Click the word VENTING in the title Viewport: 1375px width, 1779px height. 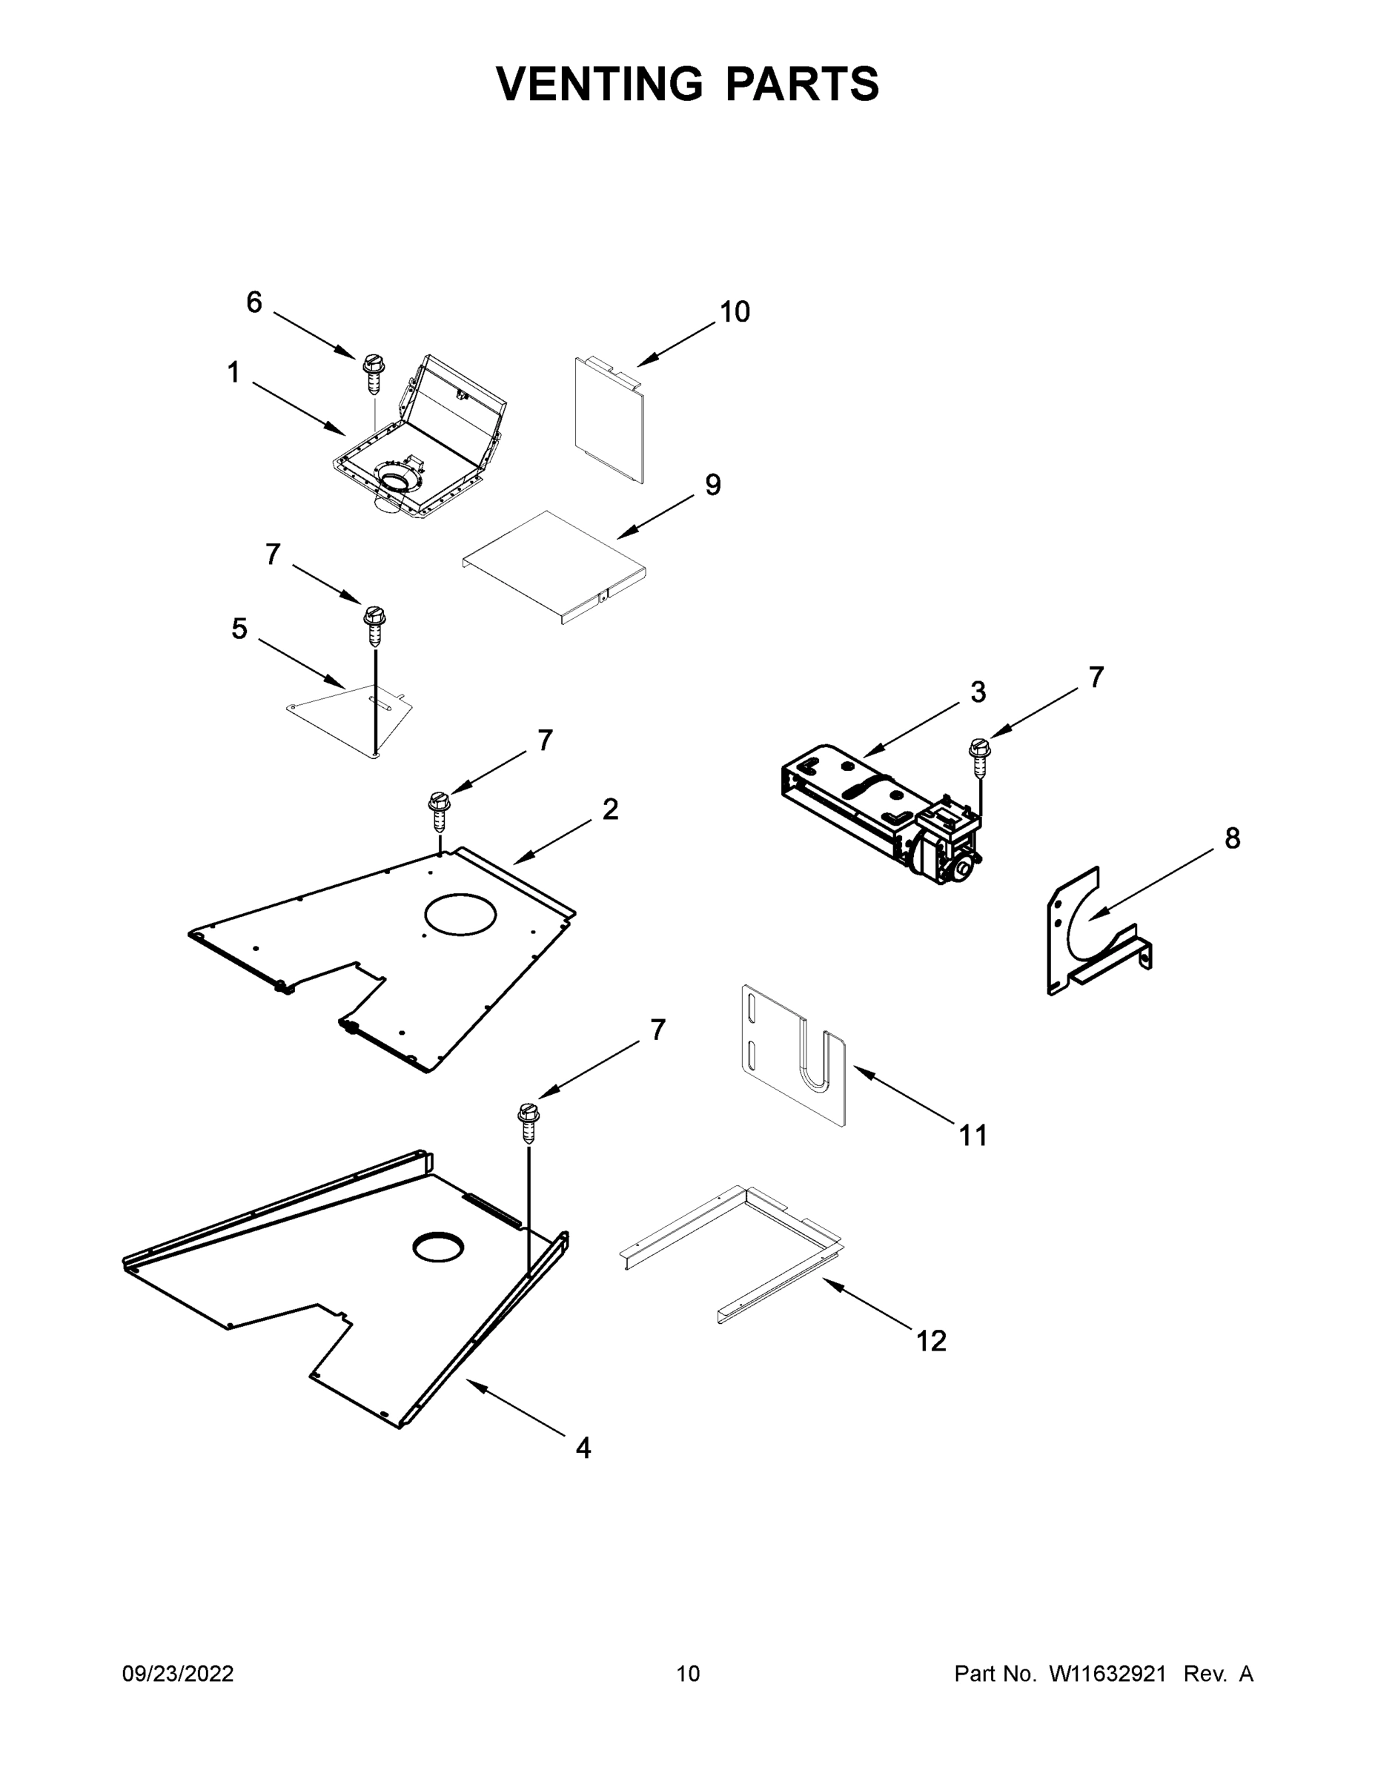click(x=599, y=84)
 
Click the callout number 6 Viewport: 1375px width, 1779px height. click(x=254, y=303)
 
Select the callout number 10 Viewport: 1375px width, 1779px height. click(x=734, y=312)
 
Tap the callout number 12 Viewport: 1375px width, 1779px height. click(x=931, y=1341)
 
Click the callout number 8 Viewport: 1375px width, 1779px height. click(x=1232, y=838)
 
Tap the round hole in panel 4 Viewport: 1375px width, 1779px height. click(x=438, y=1247)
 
